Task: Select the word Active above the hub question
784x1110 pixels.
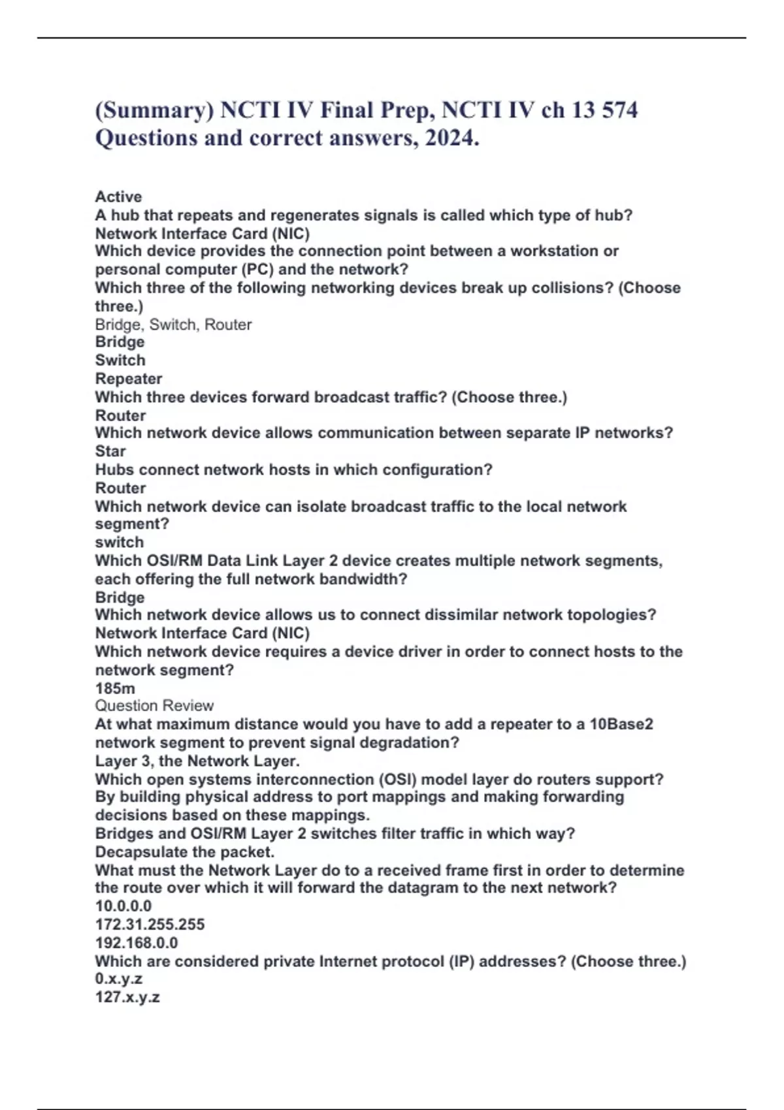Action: point(118,197)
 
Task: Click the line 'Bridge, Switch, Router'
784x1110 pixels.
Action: point(173,325)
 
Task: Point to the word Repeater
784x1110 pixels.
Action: point(129,379)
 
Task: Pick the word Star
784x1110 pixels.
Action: point(110,451)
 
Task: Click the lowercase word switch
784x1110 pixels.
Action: point(120,542)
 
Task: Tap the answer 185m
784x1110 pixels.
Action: point(115,688)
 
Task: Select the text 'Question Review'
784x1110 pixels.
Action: point(154,706)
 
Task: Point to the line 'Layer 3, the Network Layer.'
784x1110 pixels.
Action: point(197,761)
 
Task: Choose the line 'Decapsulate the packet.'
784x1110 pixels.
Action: point(185,852)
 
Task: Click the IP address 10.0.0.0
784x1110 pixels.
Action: point(123,906)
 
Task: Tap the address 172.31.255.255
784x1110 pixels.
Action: point(150,925)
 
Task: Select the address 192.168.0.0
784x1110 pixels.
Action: point(137,943)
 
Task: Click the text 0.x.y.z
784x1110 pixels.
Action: point(119,979)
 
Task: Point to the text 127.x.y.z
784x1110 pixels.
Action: point(127,997)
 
